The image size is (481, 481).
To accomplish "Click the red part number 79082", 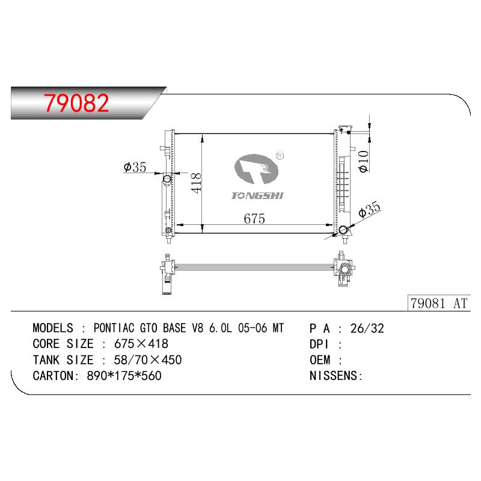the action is [x=76, y=103].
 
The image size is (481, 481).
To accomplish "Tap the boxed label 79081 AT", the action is [x=439, y=303].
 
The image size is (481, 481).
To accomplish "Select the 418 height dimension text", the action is [x=197, y=183].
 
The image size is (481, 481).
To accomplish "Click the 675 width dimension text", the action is [x=254, y=219].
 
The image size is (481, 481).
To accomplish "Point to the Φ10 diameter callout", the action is [x=363, y=161].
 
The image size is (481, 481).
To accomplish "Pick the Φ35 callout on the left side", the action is [x=135, y=167].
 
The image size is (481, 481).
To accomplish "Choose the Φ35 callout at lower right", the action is [x=369, y=210].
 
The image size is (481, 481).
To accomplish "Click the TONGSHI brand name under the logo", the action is [x=257, y=195].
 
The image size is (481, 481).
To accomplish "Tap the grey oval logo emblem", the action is [x=257, y=169].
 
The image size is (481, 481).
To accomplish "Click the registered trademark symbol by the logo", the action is [x=280, y=156].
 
